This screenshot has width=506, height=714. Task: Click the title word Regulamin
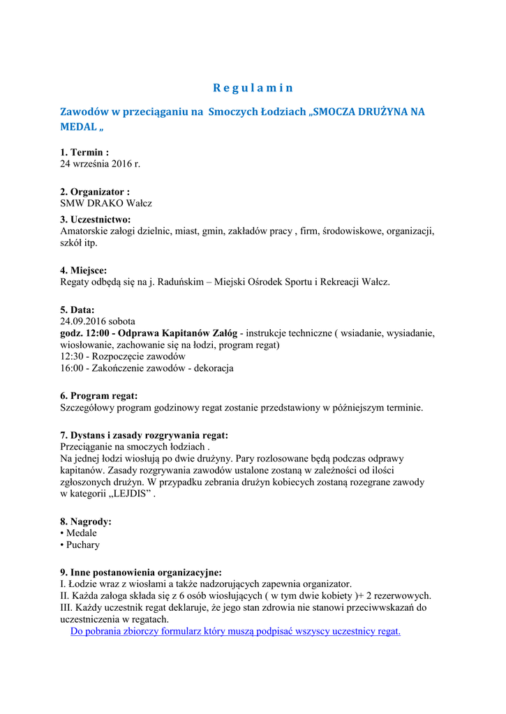pyautogui.click(x=253, y=88)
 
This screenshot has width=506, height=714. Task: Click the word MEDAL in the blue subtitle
pyautogui.click(x=78, y=128)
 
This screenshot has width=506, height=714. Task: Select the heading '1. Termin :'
pyautogui.click(x=84, y=153)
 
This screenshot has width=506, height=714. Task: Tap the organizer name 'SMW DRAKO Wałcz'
pyautogui.click(x=106, y=204)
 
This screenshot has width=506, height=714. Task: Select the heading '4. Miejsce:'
pyautogui.click(x=84, y=271)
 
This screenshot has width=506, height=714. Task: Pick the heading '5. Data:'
pyautogui.click(x=77, y=310)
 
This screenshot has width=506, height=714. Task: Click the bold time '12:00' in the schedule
pyautogui.click(x=101, y=333)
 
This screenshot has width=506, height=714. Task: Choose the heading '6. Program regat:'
pyautogui.click(x=99, y=396)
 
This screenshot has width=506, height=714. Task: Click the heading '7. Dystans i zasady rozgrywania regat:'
pyautogui.click(x=144, y=435)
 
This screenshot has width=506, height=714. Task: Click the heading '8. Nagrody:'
pyautogui.click(x=86, y=522)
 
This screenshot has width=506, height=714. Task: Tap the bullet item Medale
pyautogui.click(x=81, y=533)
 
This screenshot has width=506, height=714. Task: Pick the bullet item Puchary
pyautogui.click(x=82, y=545)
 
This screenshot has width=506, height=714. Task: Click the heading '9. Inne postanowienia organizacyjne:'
pyautogui.click(x=141, y=572)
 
